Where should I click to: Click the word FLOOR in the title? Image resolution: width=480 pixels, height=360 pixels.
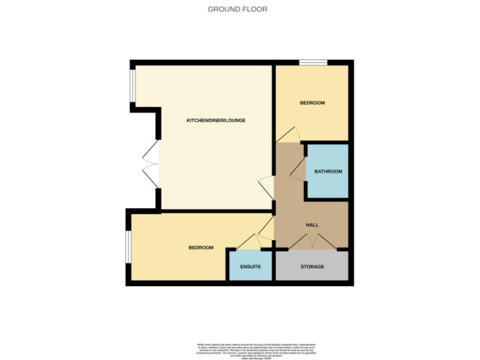(x=256, y=9)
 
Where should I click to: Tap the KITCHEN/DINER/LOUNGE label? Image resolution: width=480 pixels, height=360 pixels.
(x=216, y=120)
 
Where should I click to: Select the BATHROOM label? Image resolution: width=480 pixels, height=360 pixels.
(x=327, y=171)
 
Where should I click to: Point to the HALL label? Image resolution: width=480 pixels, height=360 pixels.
(x=312, y=225)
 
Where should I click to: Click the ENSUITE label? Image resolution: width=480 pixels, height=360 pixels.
(x=250, y=267)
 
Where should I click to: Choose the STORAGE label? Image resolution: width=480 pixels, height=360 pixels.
(x=312, y=267)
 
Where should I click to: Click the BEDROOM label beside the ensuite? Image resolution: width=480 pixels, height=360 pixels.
(x=201, y=247)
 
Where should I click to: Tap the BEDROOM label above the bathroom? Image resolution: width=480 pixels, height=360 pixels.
(x=312, y=103)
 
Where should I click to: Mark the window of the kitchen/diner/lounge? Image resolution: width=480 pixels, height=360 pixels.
(x=132, y=85)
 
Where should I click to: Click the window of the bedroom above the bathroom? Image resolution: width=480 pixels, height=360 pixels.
(x=312, y=62)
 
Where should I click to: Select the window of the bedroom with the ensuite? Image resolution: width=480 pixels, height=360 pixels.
(x=128, y=247)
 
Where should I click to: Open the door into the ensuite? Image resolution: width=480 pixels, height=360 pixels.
(x=248, y=242)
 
